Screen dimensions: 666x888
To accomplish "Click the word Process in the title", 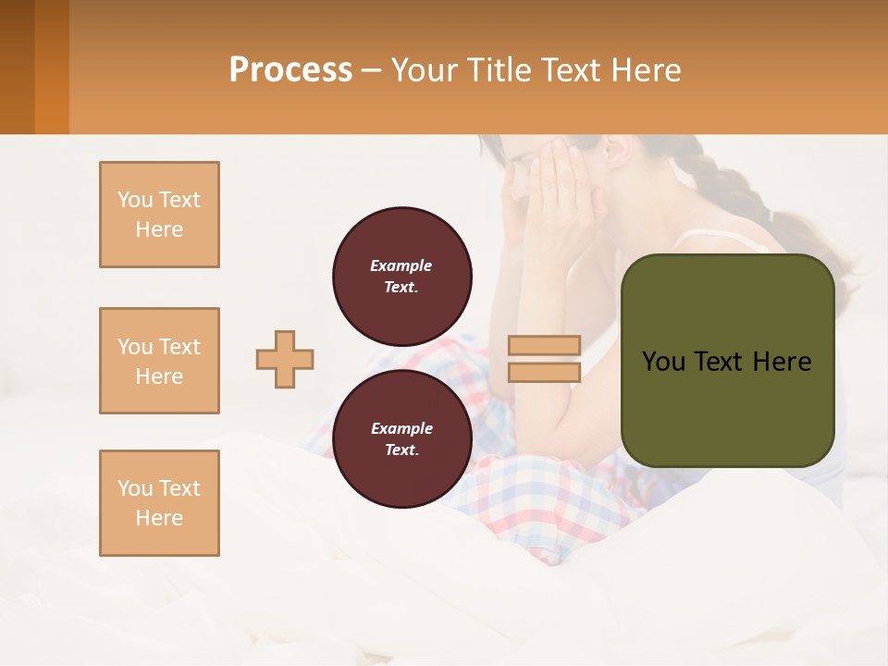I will click(290, 69).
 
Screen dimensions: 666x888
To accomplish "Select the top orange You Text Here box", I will click(159, 215).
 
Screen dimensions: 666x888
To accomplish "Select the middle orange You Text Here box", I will click(159, 361).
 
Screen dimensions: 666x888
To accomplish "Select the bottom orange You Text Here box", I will click(159, 503).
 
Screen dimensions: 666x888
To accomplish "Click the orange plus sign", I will click(285, 359).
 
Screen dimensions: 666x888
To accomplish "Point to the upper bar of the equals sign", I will click(544, 345).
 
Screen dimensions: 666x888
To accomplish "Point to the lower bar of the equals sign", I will click(544, 373).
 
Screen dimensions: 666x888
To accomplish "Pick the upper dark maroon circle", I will click(402, 276).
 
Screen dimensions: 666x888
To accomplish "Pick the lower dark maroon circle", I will click(402, 438).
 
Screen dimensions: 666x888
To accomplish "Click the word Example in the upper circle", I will click(401, 265).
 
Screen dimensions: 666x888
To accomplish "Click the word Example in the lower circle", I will click(401, 428).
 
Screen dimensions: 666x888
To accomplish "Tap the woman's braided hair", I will click(740, 194).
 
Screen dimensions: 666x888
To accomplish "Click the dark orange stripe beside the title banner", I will click(52, 67).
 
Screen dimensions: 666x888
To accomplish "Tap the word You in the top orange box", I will click(135, 200).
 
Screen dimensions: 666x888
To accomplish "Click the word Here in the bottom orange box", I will click(159, 518).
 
